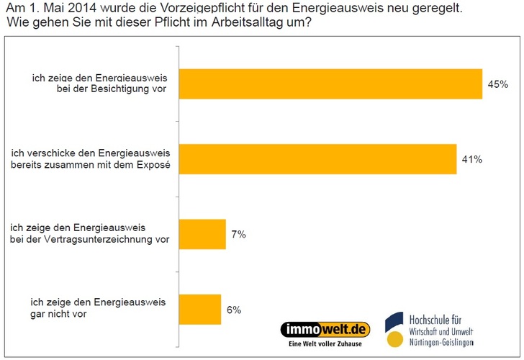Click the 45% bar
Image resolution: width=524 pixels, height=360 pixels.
330,84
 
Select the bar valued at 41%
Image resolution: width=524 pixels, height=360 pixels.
317,159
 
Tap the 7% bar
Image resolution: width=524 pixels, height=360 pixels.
202,234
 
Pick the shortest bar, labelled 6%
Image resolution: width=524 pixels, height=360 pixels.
199,309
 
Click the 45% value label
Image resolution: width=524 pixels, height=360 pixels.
499,84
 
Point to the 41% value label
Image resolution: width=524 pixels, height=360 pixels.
473,159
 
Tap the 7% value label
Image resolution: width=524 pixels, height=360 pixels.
239,234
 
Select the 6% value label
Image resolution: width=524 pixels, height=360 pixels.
233,310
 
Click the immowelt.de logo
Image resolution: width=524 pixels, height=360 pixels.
325,330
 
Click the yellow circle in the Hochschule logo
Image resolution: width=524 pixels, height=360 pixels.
394,338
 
